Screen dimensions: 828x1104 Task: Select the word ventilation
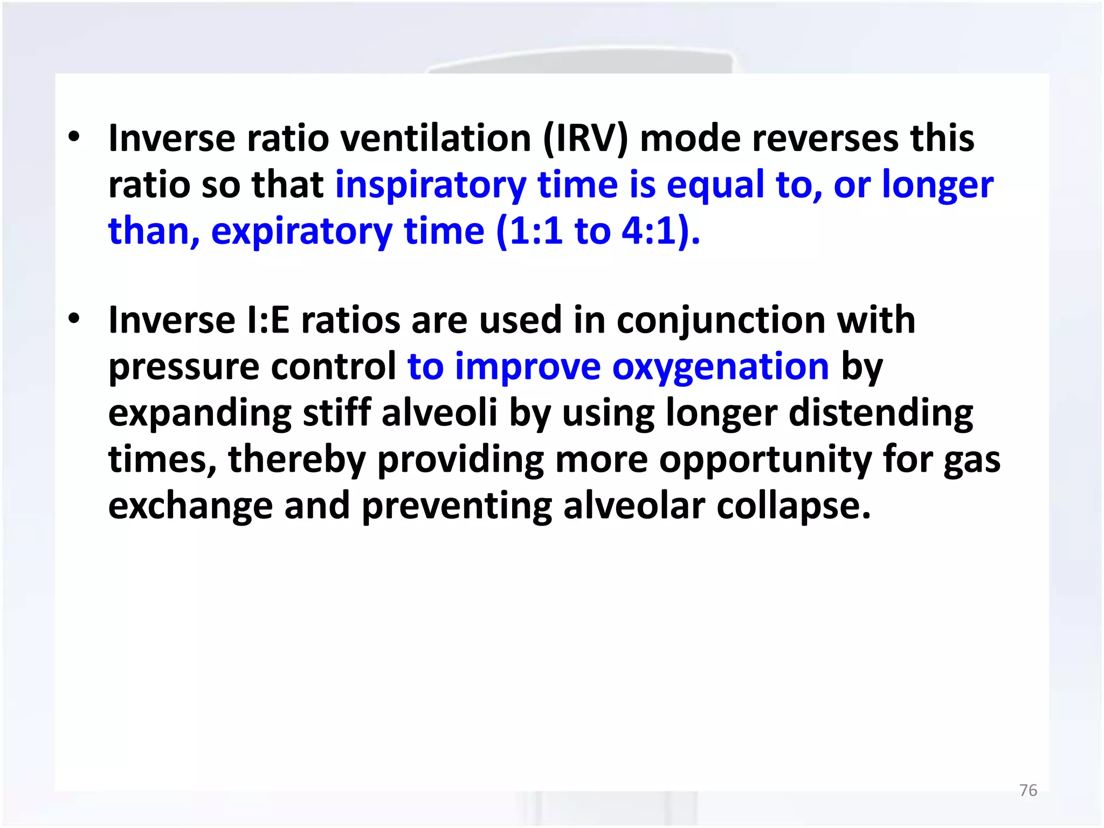tap(436, 139)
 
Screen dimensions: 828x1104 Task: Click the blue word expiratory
tap(302, 232)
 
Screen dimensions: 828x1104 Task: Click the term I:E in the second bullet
tap(267, 321)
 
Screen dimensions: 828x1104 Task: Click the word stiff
tap(336, 413)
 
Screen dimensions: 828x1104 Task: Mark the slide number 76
tap(1028, 790)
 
